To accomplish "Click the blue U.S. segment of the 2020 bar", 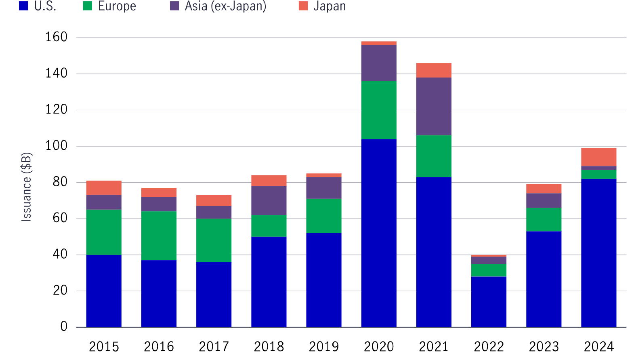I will click(378, 233).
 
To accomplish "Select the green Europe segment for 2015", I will click(104, 232).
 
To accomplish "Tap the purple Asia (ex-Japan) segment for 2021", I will click(434, 106).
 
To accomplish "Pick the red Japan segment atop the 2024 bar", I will click(598, 157).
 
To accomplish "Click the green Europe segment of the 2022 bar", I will click(489, 270).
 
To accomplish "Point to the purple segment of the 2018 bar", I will click(269, 200).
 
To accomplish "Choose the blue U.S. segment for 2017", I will click(214, 294).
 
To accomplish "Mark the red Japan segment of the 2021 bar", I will click(434, 70).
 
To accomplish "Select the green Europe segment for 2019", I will click(323, 215).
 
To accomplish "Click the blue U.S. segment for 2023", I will click(544, 279).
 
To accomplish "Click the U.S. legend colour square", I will click(23, 6).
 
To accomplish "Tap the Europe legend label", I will click(117, 6).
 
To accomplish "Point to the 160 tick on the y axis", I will click(56, 37).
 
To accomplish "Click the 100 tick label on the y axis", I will click(56, 146).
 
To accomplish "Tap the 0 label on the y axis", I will click(64, 326).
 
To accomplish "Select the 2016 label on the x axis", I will click(159, 346).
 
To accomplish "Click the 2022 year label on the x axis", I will click(489, 346).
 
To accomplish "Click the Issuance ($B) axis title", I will click(26, 187).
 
